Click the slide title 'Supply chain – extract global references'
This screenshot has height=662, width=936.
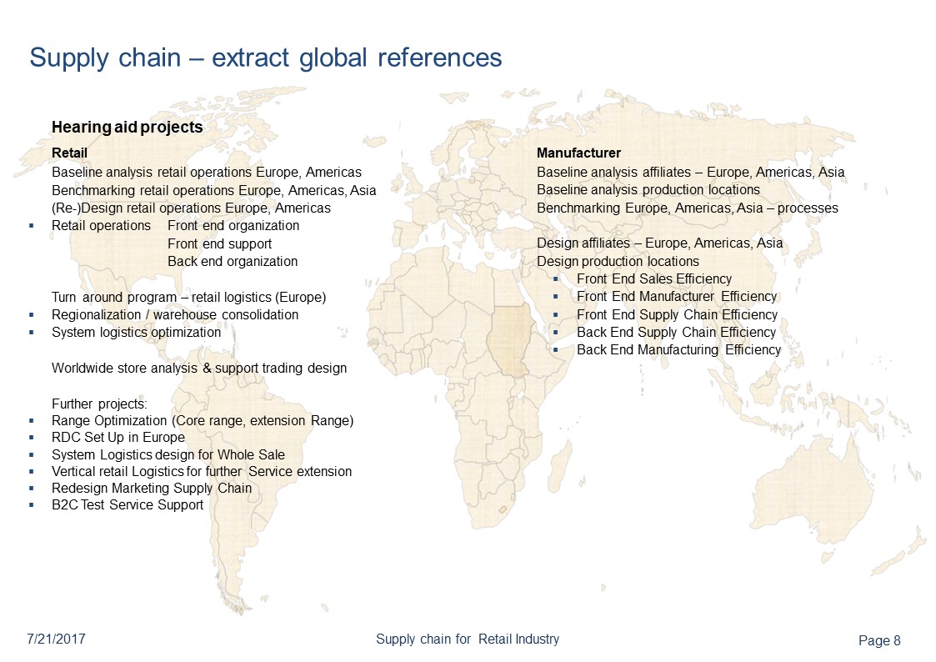(265, 58)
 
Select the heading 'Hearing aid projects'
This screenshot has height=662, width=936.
(127, 127)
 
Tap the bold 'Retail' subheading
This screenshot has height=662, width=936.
(69, 153)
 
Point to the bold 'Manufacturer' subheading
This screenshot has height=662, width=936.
(578, 153)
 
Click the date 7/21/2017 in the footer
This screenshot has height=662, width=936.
(58, 639)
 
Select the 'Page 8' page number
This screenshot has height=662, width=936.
(879, 640)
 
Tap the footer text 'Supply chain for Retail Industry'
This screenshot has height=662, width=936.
(467, 639)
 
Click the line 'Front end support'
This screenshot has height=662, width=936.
(219, 243)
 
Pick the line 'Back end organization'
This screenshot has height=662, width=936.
(232, 261)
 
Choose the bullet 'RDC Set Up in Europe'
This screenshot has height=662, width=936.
(118, 437)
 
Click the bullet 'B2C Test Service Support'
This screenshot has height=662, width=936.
(127, 504)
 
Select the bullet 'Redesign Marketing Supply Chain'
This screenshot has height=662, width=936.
(151, 488)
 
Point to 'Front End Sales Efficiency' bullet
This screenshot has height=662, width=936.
(653, 279)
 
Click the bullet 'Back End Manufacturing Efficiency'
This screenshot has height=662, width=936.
(678, 350)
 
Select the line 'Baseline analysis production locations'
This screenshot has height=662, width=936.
(648, 190)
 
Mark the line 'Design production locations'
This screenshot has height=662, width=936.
(618, 262)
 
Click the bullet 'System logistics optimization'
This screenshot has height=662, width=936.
(136, 332)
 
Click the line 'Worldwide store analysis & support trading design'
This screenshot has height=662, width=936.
(198, 368)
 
